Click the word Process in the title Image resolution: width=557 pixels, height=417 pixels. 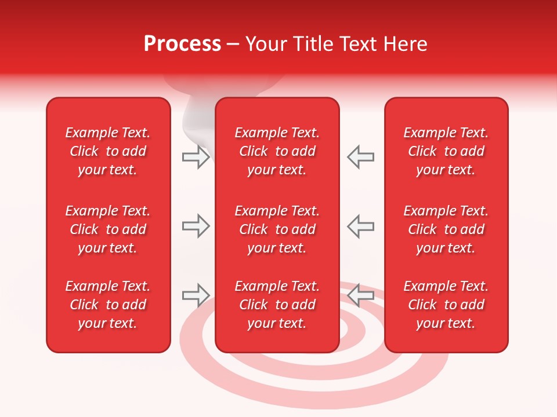click(x=182, y=44)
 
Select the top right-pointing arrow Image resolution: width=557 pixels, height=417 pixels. click(x=196, y=157)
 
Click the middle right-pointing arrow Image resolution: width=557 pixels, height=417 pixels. click(x=196, y=226)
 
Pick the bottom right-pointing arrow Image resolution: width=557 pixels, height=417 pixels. click(x=196, y=295)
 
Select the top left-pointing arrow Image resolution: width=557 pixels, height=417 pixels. click(x=360, y=157)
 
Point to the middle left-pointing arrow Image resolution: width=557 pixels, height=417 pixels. click(x=360, y=226)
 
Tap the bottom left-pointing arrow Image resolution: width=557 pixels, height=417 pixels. click(x=360, y=295)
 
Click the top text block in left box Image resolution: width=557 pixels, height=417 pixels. click(x=108, y=151)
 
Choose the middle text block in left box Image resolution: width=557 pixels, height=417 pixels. click(x=108, y=229)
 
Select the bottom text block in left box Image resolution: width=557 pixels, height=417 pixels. click(x=108, y=305)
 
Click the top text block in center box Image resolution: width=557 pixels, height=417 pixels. click(x=277, y=151)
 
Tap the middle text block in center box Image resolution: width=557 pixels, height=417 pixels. click(x=277, y=229)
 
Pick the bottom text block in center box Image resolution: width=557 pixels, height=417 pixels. click(x=277, y=305)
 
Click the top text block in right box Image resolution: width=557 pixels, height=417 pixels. click(x=446, y=151)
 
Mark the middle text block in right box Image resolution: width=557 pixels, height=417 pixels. click(x=446, y=229)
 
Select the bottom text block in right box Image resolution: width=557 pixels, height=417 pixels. click(x=446, y=305)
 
